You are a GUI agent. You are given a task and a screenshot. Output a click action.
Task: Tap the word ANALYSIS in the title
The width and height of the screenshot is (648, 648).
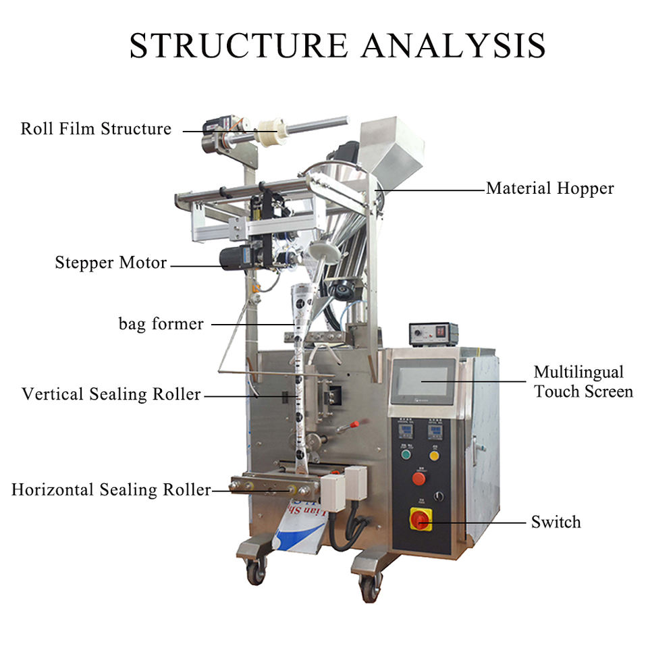coord(453,45)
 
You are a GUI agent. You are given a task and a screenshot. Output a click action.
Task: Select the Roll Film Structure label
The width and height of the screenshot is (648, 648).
coord(96,128)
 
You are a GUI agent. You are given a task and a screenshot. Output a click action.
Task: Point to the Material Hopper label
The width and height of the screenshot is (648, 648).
coord(550,188)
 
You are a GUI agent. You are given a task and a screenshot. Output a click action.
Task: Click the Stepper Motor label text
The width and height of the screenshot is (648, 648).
coord(111,263)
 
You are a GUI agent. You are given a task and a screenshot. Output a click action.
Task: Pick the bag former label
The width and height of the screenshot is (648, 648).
coord(161,324)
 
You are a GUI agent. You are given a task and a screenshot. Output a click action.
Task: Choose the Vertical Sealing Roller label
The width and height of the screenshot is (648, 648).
coord(111,394)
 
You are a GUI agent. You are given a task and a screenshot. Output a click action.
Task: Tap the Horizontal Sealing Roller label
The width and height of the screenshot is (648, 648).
coord(111,490)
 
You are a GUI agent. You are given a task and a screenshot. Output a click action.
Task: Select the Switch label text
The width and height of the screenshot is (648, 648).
coord(556,522)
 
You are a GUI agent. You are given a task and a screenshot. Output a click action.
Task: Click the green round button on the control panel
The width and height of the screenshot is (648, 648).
coord(406,454)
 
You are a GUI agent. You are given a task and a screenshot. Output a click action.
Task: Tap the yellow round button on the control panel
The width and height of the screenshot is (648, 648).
coord(434,454)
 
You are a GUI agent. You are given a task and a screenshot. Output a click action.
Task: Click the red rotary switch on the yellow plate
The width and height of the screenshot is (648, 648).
coord(421,518)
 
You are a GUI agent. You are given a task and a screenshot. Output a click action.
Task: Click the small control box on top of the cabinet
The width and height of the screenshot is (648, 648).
coord(433,333)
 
